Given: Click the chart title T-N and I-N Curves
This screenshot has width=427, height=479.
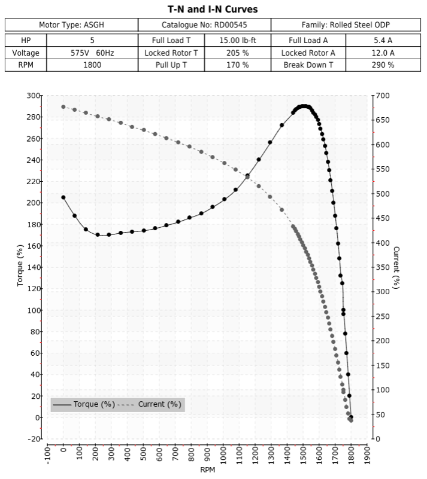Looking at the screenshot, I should coord(213,10).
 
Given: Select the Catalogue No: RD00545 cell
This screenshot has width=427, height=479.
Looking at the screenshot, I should coord(204,25).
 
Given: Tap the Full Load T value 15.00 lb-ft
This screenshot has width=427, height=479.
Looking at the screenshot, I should coord(237,41).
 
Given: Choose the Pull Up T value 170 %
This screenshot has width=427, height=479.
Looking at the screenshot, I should coord(237,65).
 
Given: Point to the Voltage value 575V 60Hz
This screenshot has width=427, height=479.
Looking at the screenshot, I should coord(92,53).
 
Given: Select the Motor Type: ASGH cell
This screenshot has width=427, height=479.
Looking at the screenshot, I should coord(72,25).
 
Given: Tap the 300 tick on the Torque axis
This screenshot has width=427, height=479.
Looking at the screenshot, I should coord(34,96).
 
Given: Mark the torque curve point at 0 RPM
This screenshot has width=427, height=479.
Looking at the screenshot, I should coord(63,197).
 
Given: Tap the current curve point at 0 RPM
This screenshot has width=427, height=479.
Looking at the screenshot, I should coord(63,107).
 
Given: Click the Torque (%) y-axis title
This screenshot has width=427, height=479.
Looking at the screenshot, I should coord(20,267).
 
